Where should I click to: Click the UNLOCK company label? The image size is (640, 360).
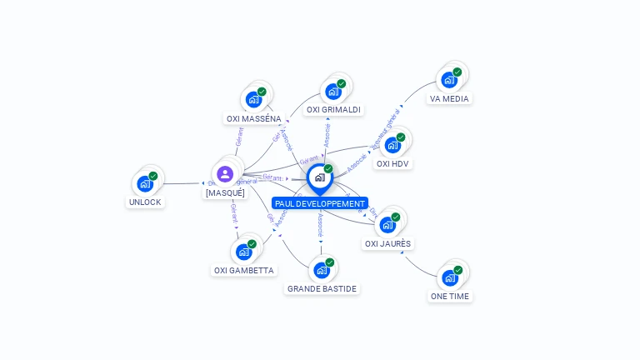[x=145, y=202]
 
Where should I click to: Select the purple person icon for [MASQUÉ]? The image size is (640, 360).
[x=224, y=174]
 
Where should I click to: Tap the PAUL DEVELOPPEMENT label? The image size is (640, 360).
[x=320, y=203]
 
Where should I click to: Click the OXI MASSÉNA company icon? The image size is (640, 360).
[x=254, y=99]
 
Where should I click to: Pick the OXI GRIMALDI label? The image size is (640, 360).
[x=333, y=109]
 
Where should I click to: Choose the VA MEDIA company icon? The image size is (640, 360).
[x=449, y=80]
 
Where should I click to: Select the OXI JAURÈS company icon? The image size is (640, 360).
[x=387, y=225]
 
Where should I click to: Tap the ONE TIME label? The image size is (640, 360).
[x=449, y=296]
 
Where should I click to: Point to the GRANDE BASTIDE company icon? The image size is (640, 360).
[x=322, y=270]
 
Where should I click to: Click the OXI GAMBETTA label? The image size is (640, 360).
[x=243, y=270]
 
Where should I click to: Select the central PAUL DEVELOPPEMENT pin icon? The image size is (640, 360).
[x=319, y=177]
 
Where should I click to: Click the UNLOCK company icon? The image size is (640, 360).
[x=145, y=183]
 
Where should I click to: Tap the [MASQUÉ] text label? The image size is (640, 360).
[x=225, y=192]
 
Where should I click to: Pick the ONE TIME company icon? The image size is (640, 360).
[x=450, y=277]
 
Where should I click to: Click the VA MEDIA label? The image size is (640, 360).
[x=449, y=98]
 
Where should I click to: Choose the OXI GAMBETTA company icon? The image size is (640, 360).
[x=243, y=252]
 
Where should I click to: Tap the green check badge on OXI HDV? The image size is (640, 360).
[x=401, y=137]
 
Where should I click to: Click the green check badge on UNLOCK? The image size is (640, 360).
[x=153, y=176]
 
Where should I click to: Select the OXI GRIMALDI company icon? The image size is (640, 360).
[x=333, y=91]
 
